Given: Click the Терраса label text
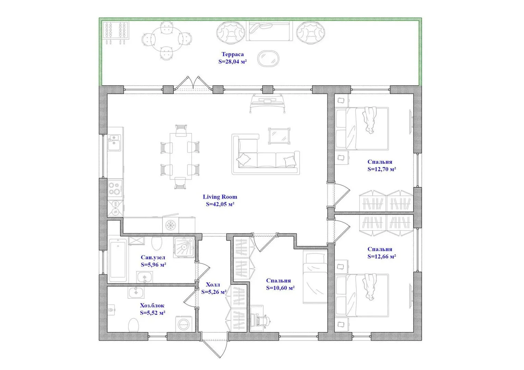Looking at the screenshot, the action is point(232,54).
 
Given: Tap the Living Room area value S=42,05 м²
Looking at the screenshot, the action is point(220,204).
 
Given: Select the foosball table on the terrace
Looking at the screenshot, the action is point(115,32).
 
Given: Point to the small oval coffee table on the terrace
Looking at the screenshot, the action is point(268,59).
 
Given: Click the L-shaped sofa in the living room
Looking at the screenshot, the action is point(266,155).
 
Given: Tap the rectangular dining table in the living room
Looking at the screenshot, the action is point(181,156).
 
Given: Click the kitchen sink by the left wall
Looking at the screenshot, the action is point(114,142).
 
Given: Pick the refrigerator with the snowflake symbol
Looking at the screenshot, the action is point(171,225).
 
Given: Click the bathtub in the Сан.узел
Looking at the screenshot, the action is point(118,260).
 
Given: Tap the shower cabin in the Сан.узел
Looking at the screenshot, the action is point(184,247).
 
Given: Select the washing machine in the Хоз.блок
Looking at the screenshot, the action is point(184,324).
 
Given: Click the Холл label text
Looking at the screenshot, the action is point(213,285).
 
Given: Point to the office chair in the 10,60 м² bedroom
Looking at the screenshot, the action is point(263,321).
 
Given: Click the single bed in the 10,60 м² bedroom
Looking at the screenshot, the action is point(315,277).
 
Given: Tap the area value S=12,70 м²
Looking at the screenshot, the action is point(382,169).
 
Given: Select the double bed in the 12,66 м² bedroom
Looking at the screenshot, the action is point(362,295).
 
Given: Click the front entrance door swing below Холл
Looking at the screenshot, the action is point(214,348).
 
